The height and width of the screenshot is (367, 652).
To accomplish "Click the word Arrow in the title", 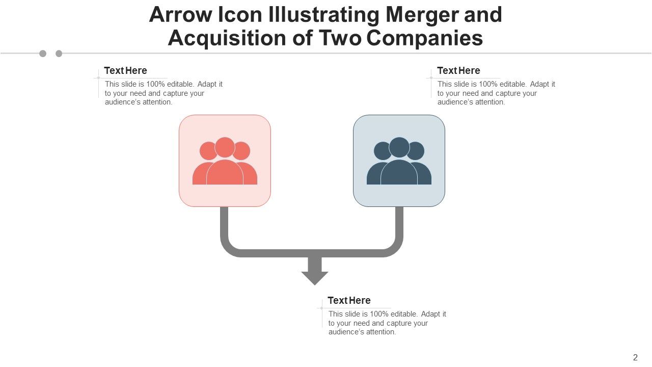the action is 180,15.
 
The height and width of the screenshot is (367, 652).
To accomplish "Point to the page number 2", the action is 635,357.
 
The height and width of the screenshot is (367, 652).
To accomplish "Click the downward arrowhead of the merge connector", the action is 315,278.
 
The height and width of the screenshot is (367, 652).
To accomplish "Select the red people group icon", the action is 225,161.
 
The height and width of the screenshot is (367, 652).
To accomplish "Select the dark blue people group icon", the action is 399,161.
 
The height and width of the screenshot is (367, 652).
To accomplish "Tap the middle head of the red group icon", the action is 225,147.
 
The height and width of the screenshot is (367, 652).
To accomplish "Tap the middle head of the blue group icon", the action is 399,147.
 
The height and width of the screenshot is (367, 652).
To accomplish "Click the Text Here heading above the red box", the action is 125,70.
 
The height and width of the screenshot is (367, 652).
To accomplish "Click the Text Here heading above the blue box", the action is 458,70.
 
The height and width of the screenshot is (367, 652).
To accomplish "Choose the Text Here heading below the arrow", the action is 349,300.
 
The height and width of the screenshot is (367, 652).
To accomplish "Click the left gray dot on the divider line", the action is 43,54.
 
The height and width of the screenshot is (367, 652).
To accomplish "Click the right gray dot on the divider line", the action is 59,54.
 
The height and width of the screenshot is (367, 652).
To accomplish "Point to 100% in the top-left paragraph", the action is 155,84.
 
